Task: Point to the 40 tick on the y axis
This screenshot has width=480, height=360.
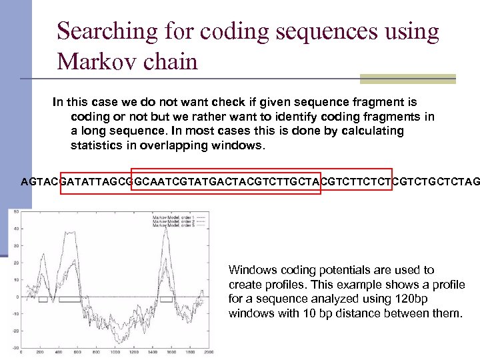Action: click(15, 229)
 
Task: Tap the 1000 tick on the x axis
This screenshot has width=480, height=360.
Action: click(116, 352)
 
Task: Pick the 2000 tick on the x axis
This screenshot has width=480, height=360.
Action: click(209, 352)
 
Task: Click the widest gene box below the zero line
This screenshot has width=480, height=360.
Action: click(69, 300)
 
